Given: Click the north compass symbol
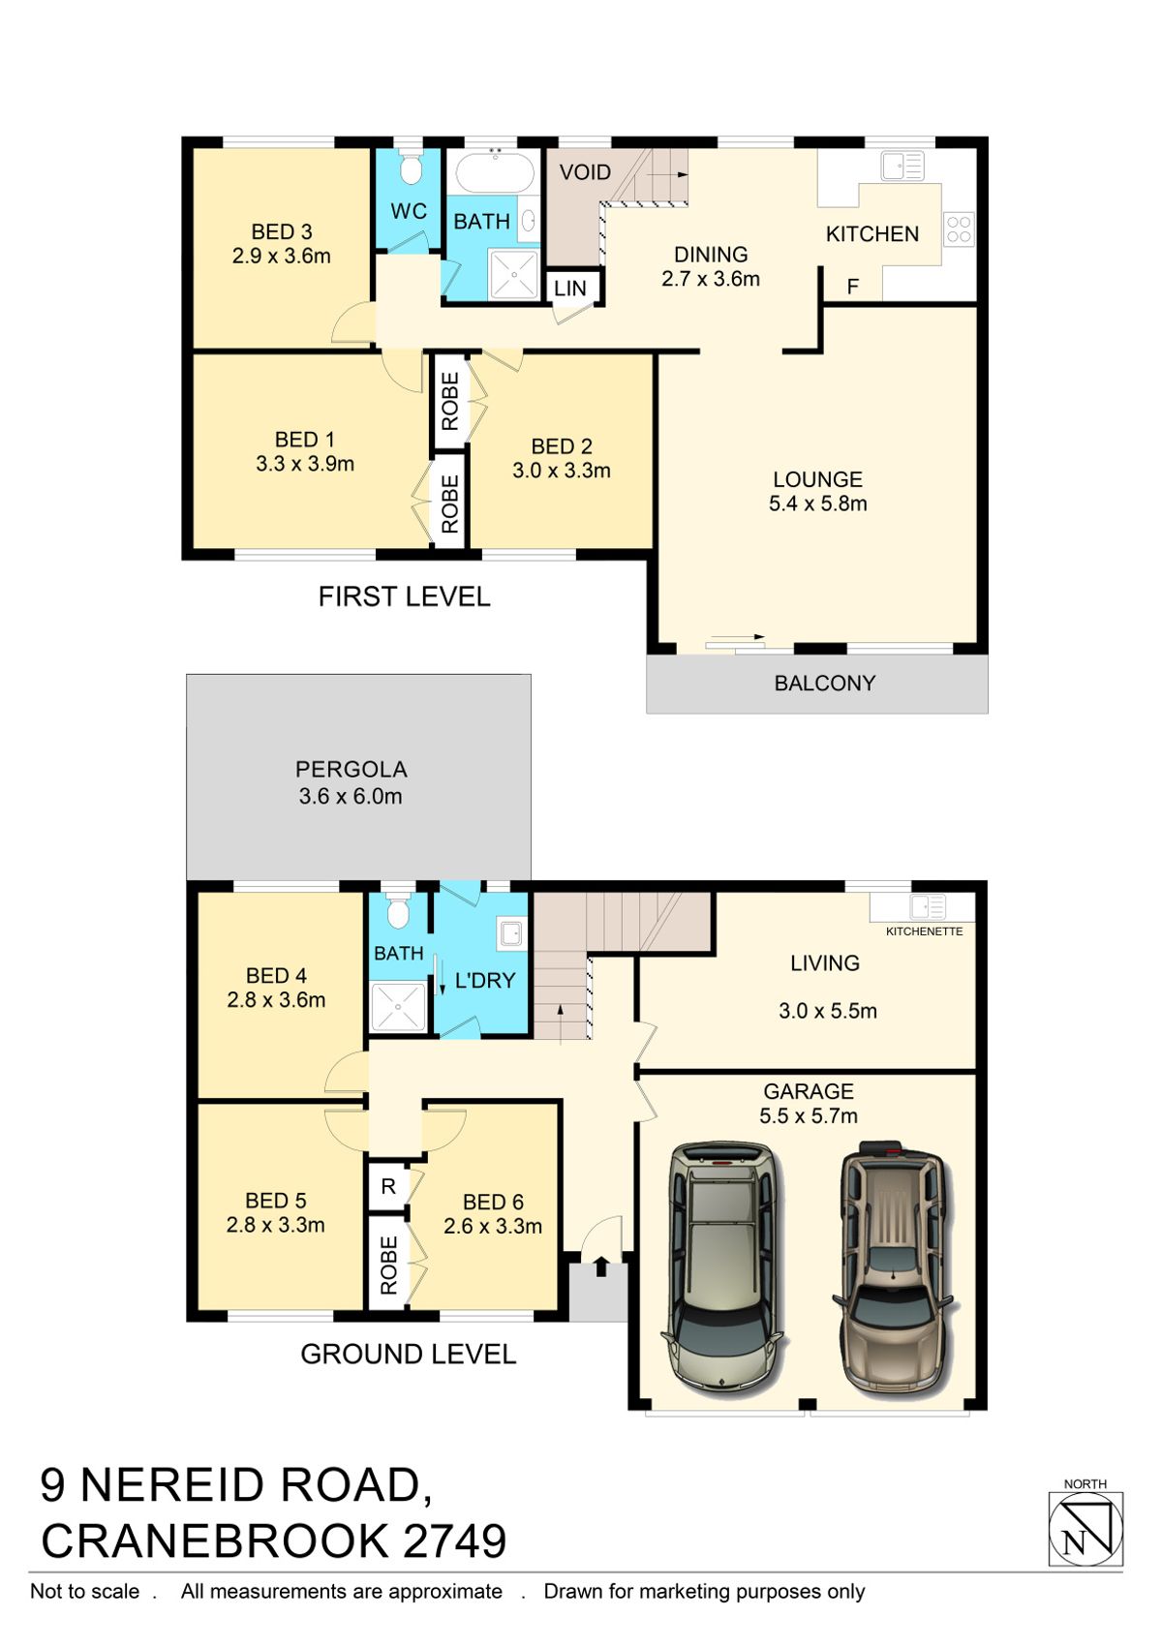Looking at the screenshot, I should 1086,1529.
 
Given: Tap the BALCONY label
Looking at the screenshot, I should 824,684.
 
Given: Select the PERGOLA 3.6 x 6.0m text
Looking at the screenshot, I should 351,783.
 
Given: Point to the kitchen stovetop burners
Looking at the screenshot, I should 959,229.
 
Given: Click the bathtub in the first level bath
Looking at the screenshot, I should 494,173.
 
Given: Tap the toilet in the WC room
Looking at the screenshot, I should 411,169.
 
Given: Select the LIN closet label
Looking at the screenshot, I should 570,289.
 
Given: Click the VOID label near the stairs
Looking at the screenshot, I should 585,172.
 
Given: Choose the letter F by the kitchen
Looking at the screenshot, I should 853,287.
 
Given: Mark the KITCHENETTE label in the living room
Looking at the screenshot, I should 924,931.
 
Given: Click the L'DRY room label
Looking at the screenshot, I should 485,981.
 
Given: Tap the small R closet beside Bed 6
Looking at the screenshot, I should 388,1186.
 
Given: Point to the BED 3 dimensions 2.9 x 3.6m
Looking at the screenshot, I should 281,257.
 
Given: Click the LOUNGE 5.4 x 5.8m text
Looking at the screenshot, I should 817,492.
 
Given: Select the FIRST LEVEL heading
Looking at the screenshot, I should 404,596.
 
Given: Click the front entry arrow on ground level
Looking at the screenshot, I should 600,1266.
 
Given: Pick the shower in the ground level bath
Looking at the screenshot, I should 398,1006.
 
